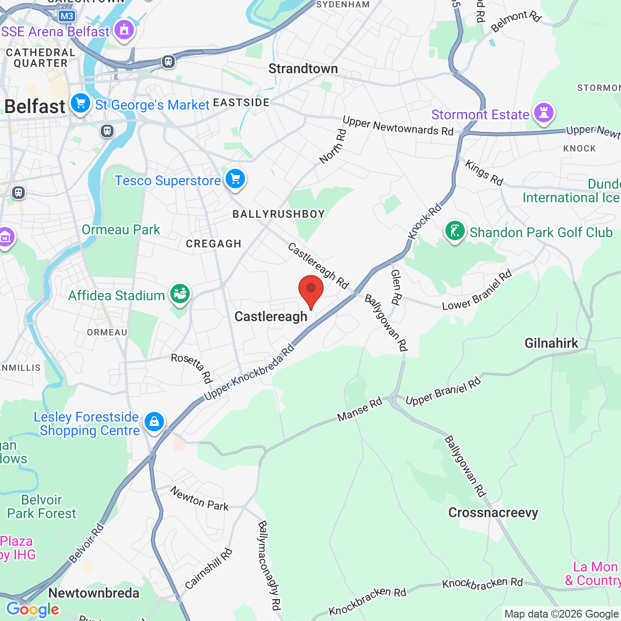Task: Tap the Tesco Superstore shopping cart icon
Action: coord(235,180)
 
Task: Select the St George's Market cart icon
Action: coord(81,104)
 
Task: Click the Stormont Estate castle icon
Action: coord(543,113)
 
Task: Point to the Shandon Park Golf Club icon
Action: coord(455,231)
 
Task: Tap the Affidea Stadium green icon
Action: coord(180,294)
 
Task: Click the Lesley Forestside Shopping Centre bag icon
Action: coord(154,422)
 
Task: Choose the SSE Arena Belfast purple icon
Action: coord(124,31)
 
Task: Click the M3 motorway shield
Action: coord(66,16)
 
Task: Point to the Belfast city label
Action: coord(35,107)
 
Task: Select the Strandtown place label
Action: coord(303,69)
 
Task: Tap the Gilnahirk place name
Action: coord(552,343)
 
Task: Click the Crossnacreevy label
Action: coord(493,513)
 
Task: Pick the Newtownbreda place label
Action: coord(94,593)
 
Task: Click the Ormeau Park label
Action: coord(121,229)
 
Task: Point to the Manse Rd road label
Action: coord(360,410)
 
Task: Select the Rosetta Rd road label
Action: coord(192,368)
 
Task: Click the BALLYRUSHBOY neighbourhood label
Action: coord(278,214)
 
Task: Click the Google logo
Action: coord(33,609)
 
